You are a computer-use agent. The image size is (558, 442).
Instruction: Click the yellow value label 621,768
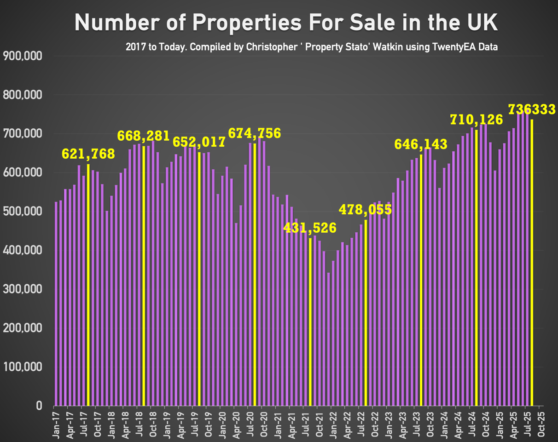88,154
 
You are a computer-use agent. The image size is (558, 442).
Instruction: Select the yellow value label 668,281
144,136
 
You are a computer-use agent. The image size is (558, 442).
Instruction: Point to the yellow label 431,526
310,228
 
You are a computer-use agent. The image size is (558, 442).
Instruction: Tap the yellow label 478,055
365,210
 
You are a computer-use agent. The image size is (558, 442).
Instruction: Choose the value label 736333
532,109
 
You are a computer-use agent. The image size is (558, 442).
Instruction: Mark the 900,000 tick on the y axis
23,56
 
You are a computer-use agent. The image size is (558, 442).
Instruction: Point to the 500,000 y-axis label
23,212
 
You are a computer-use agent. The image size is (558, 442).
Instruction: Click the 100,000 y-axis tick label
23,367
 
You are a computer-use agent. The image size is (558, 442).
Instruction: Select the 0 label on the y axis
39,406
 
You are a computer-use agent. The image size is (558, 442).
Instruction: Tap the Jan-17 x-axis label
56,424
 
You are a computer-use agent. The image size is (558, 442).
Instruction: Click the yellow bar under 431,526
310,322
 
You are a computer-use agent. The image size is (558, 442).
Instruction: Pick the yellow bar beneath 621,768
88,285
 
